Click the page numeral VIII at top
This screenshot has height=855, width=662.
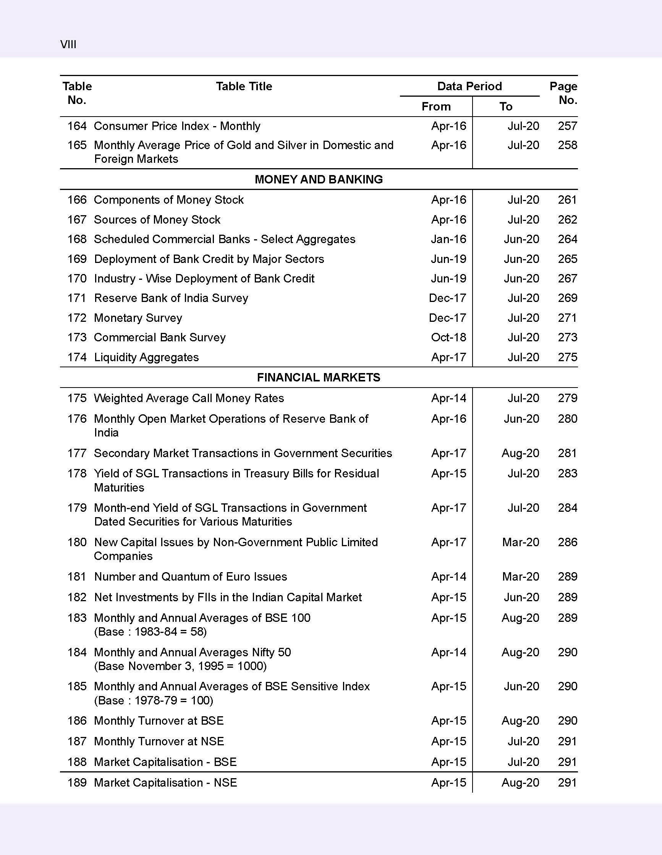68,45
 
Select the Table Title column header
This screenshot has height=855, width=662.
244,86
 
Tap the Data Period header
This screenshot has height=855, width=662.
469,86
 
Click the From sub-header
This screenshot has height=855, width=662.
436,107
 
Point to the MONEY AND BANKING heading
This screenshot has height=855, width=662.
319,179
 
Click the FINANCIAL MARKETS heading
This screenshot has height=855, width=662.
319,377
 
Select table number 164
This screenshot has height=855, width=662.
77,126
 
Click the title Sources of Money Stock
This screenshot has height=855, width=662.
157,220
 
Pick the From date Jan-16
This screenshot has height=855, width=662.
448,239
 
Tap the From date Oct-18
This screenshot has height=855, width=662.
448,337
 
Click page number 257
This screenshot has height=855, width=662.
567,126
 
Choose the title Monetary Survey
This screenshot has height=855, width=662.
138,318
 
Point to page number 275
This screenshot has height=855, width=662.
567,357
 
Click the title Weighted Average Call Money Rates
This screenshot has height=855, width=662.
189,398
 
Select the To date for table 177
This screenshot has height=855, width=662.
520,453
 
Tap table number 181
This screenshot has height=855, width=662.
77,577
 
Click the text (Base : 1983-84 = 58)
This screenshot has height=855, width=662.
150,631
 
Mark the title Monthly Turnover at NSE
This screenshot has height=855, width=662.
159,741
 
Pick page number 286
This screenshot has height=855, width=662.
567,542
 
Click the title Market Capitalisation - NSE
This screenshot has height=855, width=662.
165,783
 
